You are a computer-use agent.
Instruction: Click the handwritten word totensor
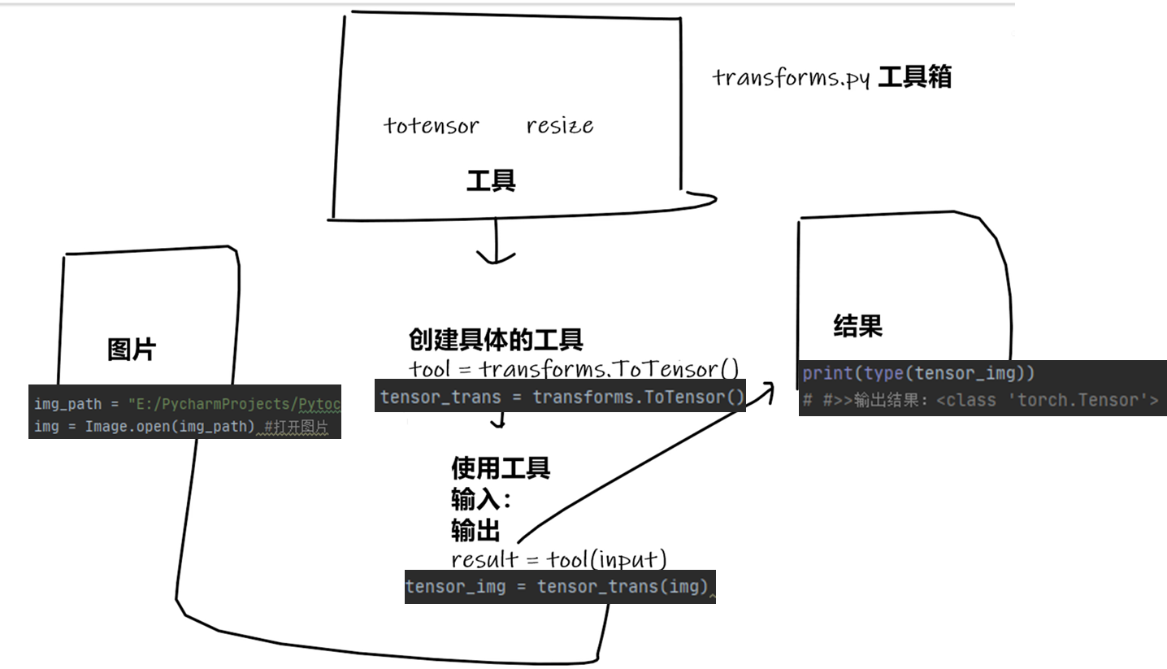click(431, 126)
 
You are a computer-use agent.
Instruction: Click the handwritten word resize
click(559, 126)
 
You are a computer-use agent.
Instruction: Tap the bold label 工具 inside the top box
click(490, 180)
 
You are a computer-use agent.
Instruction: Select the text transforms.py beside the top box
click(791, 78)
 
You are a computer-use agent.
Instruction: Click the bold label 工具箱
click(914, 77)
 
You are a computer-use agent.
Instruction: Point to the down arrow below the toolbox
click(495, 248)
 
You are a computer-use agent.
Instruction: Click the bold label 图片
click(132, 350)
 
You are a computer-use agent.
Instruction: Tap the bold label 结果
click(857, 326)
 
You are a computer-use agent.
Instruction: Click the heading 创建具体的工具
click(495, 339)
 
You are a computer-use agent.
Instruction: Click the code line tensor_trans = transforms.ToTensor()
click(562, 397)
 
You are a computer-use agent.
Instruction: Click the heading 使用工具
click(501, 468)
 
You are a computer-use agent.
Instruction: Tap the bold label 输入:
click(481, 499)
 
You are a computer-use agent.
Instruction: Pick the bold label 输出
click(475, 531)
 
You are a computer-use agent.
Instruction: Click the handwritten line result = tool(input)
click(558, 559)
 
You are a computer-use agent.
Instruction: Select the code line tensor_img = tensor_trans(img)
click(557, 586)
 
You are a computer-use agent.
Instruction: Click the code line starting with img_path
click(186, 404)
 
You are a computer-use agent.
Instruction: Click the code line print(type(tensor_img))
click(918, 374)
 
